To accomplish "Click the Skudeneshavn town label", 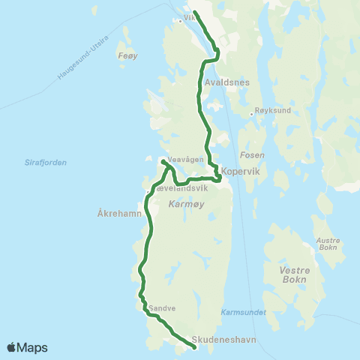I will click(224, 339).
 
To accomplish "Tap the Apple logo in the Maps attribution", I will click(11, 347).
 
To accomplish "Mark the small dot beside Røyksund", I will click(251, 114).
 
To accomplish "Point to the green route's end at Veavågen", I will click(163, 160).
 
